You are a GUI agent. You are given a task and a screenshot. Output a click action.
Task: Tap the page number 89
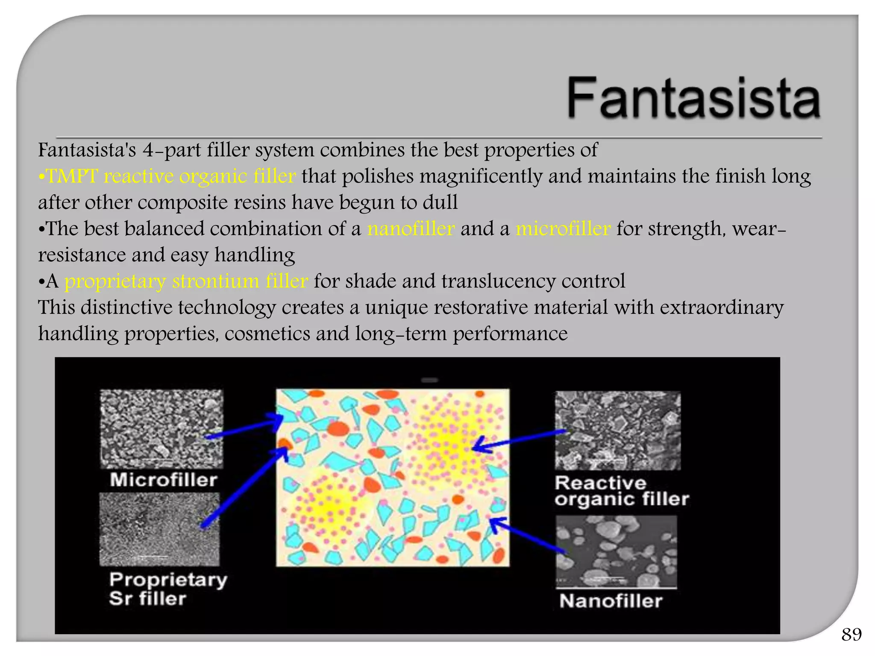852,635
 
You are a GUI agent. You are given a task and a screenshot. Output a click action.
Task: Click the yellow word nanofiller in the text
411,228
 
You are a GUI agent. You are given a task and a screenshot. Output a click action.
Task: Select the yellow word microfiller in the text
563,228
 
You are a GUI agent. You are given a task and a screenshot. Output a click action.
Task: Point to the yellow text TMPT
71,176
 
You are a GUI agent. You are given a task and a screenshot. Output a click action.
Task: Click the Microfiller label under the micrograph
164,480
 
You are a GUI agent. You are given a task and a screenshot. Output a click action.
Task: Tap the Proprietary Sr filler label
167,589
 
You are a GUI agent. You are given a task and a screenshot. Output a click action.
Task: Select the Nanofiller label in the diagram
611,601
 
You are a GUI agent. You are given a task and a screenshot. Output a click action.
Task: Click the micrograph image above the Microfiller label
161,428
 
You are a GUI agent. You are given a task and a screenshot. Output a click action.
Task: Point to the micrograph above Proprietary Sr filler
159,529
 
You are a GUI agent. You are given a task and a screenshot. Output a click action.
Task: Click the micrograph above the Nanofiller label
616,551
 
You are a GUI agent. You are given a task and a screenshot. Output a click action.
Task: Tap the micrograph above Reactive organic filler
617,430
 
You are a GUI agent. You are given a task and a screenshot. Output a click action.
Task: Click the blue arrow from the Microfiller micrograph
244,428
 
